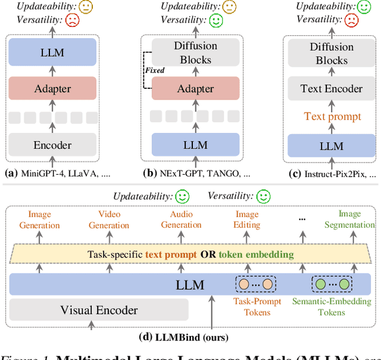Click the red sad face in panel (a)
(72, 20)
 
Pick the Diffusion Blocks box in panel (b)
(195, 53)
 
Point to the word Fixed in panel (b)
(155, 70)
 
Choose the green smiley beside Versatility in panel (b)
(216, 20)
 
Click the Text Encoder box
(332, 89)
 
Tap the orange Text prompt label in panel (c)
(332, 116)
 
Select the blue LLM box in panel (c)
(332, 145)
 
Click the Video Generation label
(109, 220)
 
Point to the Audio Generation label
(181, 220)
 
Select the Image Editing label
(246, 220)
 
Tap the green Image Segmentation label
(349, 219)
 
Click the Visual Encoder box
(99, 310)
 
